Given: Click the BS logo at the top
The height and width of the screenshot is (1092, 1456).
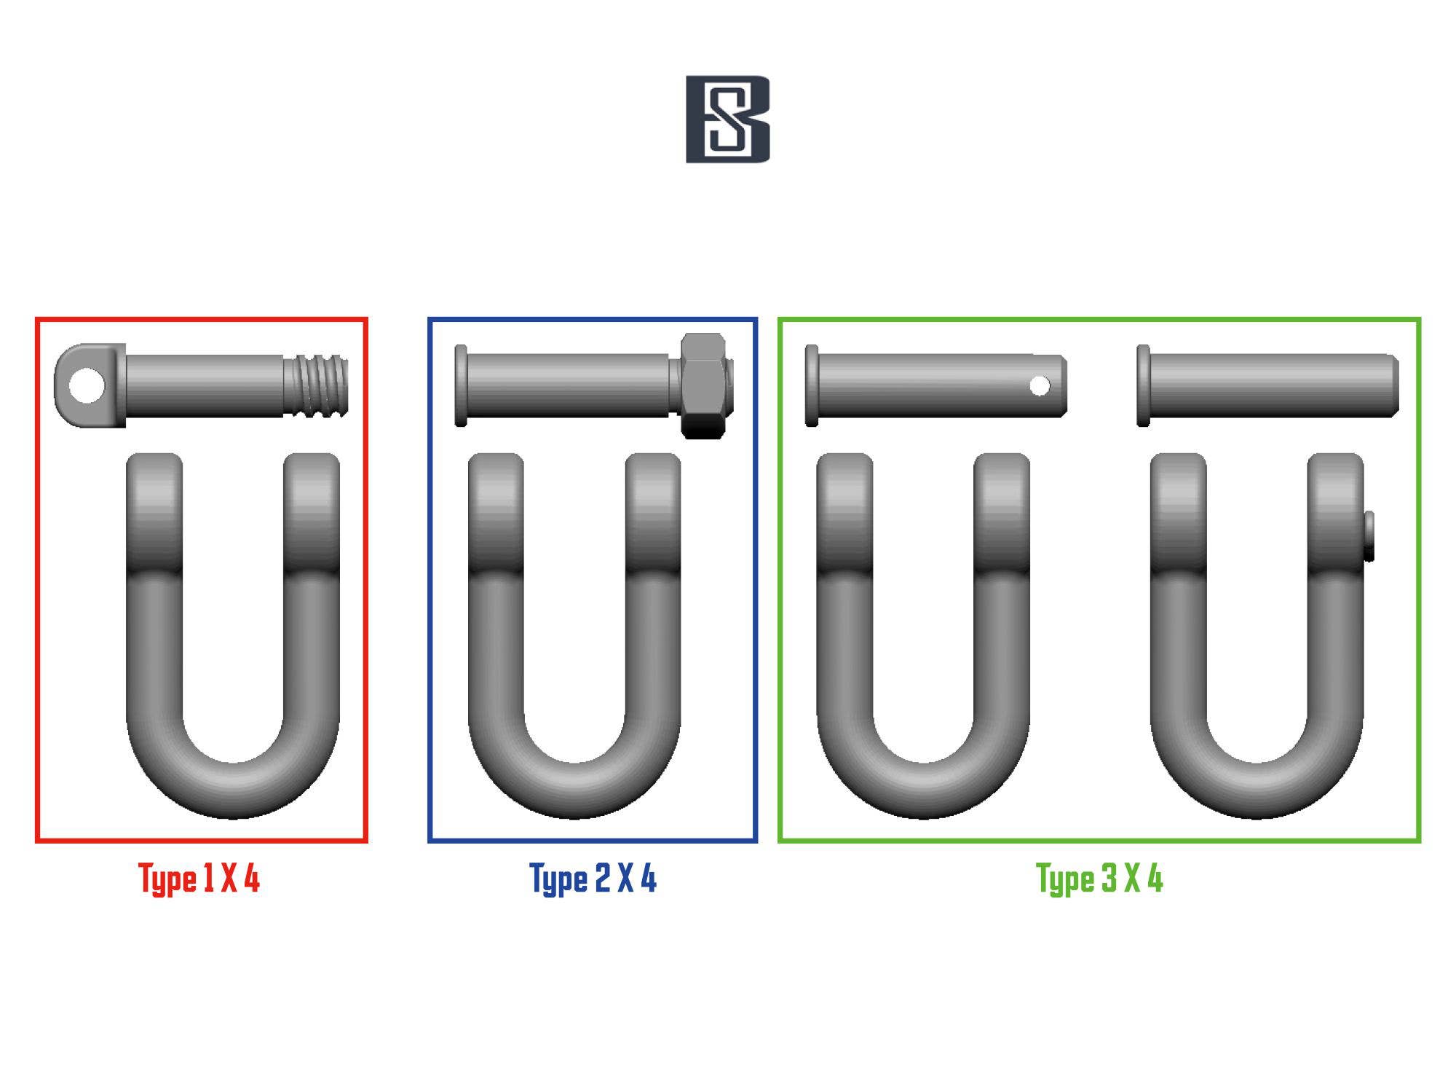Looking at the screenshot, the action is point(728,119).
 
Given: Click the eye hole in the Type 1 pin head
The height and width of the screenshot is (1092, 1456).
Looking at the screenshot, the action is point(86,385).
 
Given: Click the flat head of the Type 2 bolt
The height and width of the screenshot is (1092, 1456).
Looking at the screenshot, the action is point(461,385).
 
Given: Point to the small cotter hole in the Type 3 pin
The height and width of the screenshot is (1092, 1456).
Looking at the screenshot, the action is point(1040,386).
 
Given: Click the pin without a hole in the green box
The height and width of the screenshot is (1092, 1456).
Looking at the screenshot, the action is point(1267,385).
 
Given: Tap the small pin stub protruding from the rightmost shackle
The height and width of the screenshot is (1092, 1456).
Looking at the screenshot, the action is point(1369,536).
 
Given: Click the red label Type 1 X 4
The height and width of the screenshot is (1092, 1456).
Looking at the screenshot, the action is point(199,879).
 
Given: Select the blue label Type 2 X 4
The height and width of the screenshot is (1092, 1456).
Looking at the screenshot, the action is point(593,879).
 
